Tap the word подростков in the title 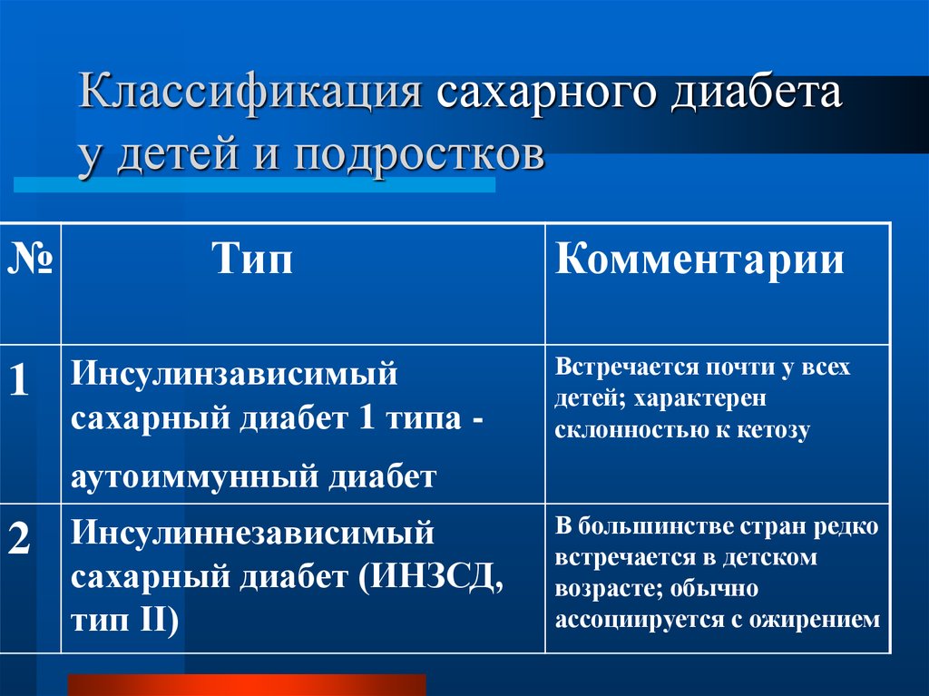(x=418, y=156)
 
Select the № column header (x=30, y=260)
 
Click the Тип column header (x=252, y=260)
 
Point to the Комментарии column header (x=699, y=260)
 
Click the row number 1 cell (x=19, y=379)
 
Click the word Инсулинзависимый (x=234, y=374)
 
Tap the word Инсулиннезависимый (x=252, y=532)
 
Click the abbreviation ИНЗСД (x=431, y=576)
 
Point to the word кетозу (x=773, y=430)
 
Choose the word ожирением (x=815, y=620)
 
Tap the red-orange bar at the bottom (x=247, y=685)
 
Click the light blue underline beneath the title (x=254, y=185)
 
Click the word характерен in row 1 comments (x=699, y=399)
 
